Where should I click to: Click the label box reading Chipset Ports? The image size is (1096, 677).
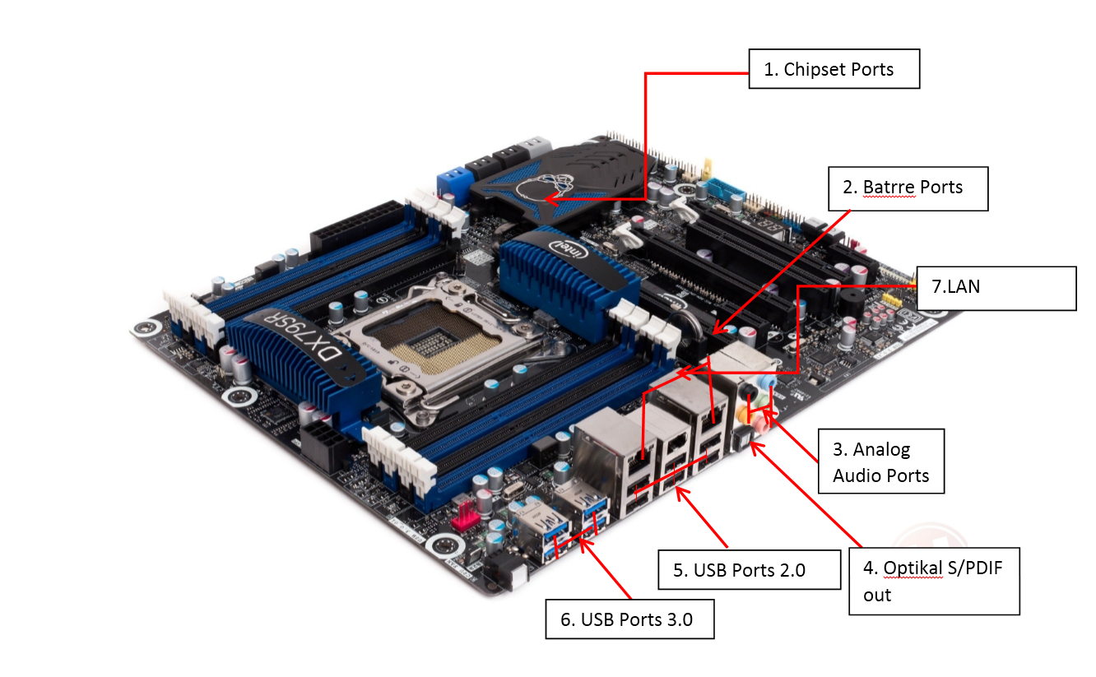pyautogui.click(x=833, y=69)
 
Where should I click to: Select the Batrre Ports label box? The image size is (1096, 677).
pyautogui.click(x=908, y=188)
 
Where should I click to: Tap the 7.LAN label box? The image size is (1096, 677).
pyautogui.click(x=996, y=288)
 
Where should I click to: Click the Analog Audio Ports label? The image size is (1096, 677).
pyautogui.click(x=880, y=461)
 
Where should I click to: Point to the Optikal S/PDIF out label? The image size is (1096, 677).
pyautogui.click(x=934, y=580)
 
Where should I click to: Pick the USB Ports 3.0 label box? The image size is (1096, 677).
pyautogui.click(x=629, y=619)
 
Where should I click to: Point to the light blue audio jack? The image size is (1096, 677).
pyautogui.click(x=765, y=383)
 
